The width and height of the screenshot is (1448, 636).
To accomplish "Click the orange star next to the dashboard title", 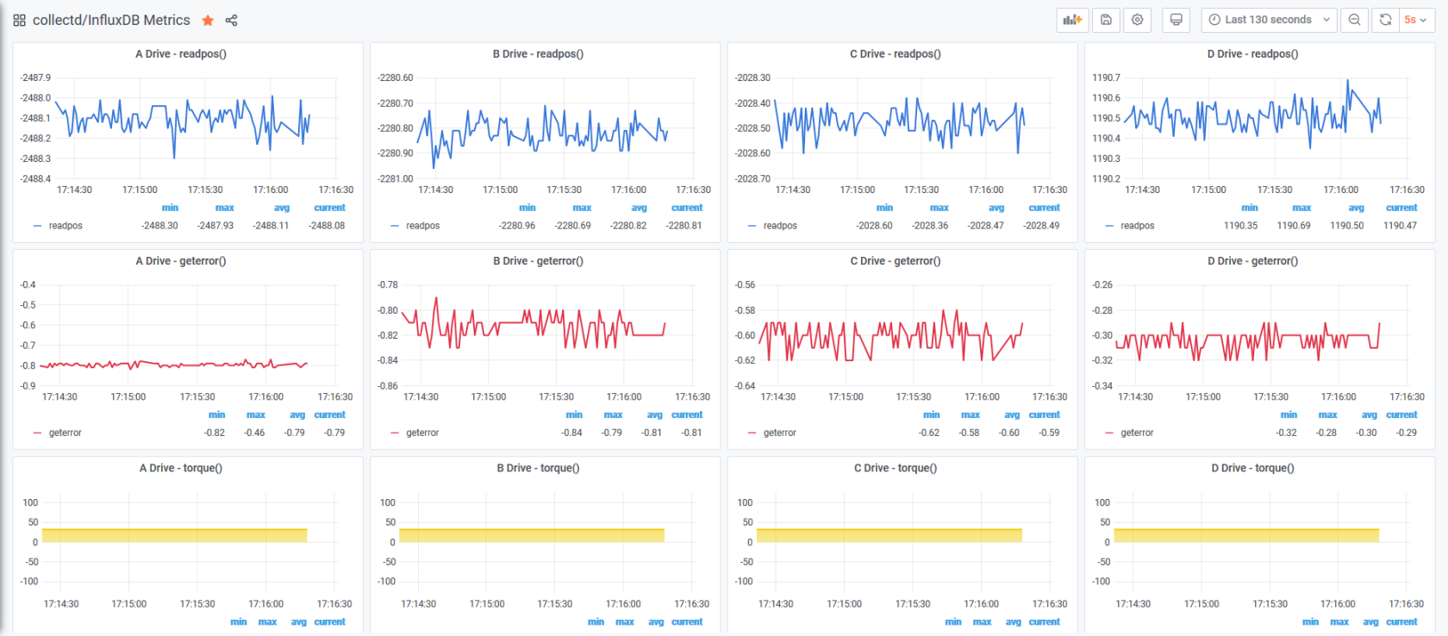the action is pyautogui.click(x=208, y=21).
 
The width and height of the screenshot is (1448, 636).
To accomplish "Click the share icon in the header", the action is pyautogui.click(x=231, y=21).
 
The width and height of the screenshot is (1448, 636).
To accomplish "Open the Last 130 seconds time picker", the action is pyautogui.click(x=1270, y=20).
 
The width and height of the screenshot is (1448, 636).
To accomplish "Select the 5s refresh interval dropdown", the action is pyautogui.click(x=1415, y=20).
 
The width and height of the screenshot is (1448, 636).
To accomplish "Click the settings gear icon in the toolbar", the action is pyautogui.click(x=1137, y=20).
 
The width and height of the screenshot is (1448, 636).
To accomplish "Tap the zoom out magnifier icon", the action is pyautogui.click(x=1354, y=20).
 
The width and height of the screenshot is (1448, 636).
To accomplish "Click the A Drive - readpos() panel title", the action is pyautogui.click(x=181, y=53).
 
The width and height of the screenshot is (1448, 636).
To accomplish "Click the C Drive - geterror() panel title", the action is pyautogui.click(x=896, y=261).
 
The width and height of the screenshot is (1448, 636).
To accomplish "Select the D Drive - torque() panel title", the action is pyautogui.click(x=1253, y=468).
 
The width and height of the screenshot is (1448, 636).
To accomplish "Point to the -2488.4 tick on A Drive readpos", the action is pyautogui.click(x=34, y=178).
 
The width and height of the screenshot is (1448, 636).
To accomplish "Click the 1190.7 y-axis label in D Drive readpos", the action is pyautogui.click(x=1106, y=78).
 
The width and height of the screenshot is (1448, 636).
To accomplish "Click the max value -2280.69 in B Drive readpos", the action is pyautogui.click(x=572, y=226).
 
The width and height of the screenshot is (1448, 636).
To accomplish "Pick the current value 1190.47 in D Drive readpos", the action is pyautogui.click(x=1400, y=226).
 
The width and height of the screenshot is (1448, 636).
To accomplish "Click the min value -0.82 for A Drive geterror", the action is pyautogui.click(x=215, y=433).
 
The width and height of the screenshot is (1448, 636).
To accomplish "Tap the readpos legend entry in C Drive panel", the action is pyautogui.click(x=779, y=226).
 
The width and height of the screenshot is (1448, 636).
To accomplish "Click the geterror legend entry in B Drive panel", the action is pyautogui.click(x=422, y=433).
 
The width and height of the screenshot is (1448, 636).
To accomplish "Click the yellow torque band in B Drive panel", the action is pyautogui.click(x=532, y=535).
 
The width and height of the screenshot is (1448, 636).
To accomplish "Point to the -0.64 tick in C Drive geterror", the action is pyautogui.click(x=746, y=386).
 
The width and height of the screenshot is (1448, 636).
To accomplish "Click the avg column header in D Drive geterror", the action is pyautogui.click(x=1369, y=415).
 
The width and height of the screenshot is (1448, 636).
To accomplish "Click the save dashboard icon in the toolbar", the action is pyautogui.click(x=1106, y=20).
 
